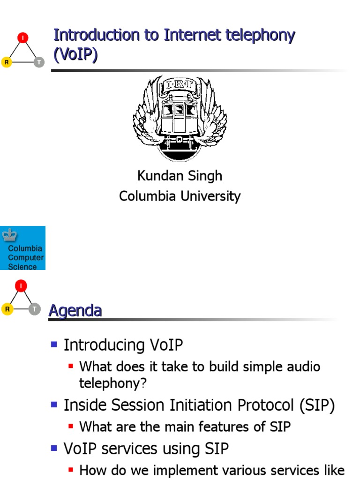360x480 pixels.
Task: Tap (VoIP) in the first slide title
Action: (76, 55)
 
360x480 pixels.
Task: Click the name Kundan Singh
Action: (180, 176)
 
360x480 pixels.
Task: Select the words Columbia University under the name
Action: (180, 196)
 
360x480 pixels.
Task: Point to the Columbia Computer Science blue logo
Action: (22, 248)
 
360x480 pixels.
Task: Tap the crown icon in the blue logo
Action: (9, 234)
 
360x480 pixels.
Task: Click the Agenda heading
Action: (75, 310)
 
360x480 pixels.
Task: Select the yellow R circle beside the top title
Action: (7, 62)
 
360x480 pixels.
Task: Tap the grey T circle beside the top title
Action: (39, 62)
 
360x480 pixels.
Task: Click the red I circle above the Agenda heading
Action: (21, 285)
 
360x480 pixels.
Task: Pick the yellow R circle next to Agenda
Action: (7, 308)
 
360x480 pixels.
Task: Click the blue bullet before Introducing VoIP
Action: (53, 345)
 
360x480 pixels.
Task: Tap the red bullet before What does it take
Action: (71, 366)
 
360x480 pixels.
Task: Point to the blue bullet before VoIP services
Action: (53, 449)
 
